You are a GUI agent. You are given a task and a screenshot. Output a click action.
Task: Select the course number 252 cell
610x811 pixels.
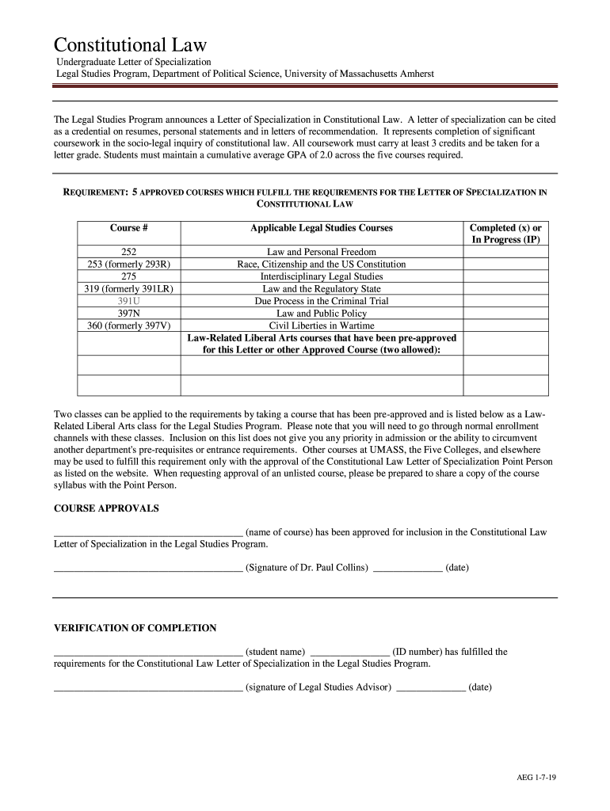[x=129, y=252]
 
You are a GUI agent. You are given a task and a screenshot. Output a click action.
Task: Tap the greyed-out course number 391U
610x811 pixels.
[x=129, y=301]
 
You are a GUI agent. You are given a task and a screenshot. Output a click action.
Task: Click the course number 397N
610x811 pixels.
[x=129, y=314]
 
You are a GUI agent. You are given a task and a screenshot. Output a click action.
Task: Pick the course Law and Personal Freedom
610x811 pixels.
[x=322, y=252]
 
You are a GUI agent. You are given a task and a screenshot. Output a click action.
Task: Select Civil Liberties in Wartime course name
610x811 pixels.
[x=322, y=326]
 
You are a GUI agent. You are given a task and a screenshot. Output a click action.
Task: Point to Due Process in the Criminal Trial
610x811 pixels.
[x=322, y=301]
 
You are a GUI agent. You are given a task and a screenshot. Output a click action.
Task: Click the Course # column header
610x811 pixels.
[x=129, y=228]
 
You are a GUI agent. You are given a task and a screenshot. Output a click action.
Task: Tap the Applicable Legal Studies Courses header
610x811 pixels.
[x=322, y=228]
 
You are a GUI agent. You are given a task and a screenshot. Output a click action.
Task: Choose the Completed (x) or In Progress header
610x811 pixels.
[x=506, y=234]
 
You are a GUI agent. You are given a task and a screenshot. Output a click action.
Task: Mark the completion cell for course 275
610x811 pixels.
[x=506, y=276]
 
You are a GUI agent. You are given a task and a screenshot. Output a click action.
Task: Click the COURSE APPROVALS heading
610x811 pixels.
[x=106, y=508]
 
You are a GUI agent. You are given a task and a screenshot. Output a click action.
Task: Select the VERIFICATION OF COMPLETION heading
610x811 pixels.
[x=135, y=628]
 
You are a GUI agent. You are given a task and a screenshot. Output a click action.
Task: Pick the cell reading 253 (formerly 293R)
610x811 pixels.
[x=129, y=264]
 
